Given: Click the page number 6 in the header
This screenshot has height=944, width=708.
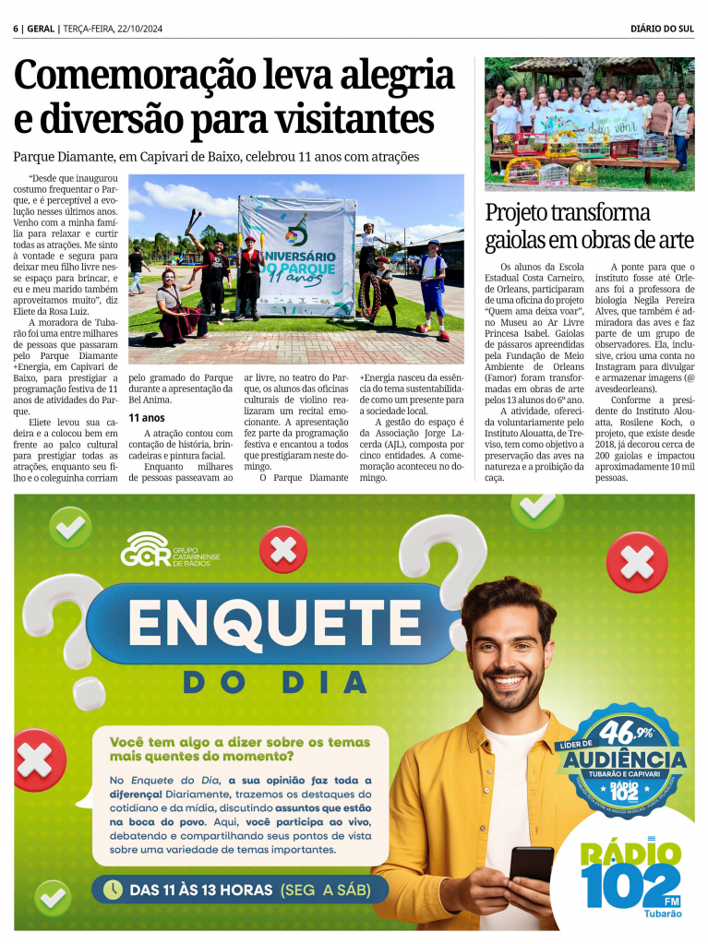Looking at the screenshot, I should (16, 29).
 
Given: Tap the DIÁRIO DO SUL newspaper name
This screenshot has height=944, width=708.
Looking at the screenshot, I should (663, 29).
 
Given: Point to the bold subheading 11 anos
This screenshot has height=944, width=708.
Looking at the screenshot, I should (146, 418).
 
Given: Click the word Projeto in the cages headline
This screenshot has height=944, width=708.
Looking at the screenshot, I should (525, 213).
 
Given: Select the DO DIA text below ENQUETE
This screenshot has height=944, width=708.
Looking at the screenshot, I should (276, 683).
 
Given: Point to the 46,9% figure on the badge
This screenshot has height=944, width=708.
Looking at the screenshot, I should (624, 734).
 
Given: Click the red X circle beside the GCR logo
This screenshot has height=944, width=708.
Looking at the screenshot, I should (283, 551).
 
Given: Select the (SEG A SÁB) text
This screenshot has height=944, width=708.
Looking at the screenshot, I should (325, 890).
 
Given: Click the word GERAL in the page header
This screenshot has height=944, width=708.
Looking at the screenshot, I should (40, 29).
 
